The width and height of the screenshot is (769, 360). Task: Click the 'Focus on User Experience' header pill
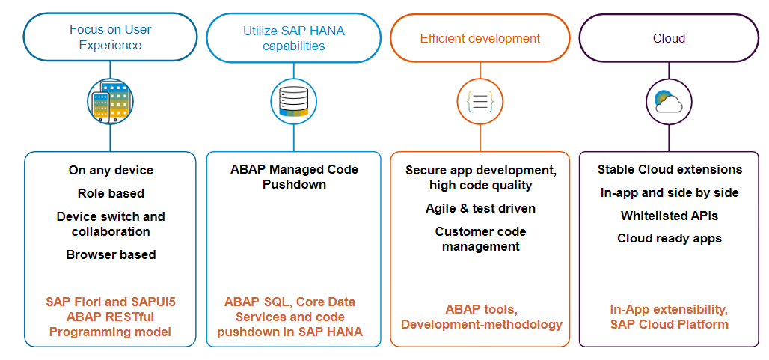(111, 37)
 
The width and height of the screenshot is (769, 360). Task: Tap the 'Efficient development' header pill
(480, 38)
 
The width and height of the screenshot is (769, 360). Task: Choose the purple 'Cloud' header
(669, 38)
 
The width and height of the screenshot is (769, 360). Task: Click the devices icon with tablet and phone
(111, 102)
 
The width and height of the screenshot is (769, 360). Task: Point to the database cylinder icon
(294, 102)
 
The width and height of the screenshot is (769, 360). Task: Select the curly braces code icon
(480, 102)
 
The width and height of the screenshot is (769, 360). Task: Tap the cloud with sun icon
(669, 102)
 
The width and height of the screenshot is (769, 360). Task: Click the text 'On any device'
(111, 170)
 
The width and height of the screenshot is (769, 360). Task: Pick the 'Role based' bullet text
(111, 193)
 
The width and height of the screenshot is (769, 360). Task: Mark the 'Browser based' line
(111, 254)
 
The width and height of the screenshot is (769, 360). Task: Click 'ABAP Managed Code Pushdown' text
(294, 177)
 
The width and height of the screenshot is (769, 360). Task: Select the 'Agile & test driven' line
(480, 208)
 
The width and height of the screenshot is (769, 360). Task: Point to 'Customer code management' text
(480, 239)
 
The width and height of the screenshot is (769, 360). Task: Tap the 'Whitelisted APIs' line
(670, 216)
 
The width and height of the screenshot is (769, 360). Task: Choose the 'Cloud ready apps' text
(670, 238)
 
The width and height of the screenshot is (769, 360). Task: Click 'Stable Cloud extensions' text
(670, 170)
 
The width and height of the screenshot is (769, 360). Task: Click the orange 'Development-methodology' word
(481, 324)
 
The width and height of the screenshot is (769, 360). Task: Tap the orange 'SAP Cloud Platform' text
(669, 324)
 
